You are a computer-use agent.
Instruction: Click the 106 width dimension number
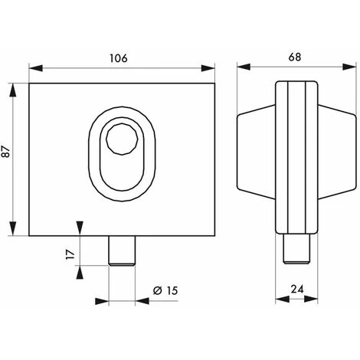coord(119,57)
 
